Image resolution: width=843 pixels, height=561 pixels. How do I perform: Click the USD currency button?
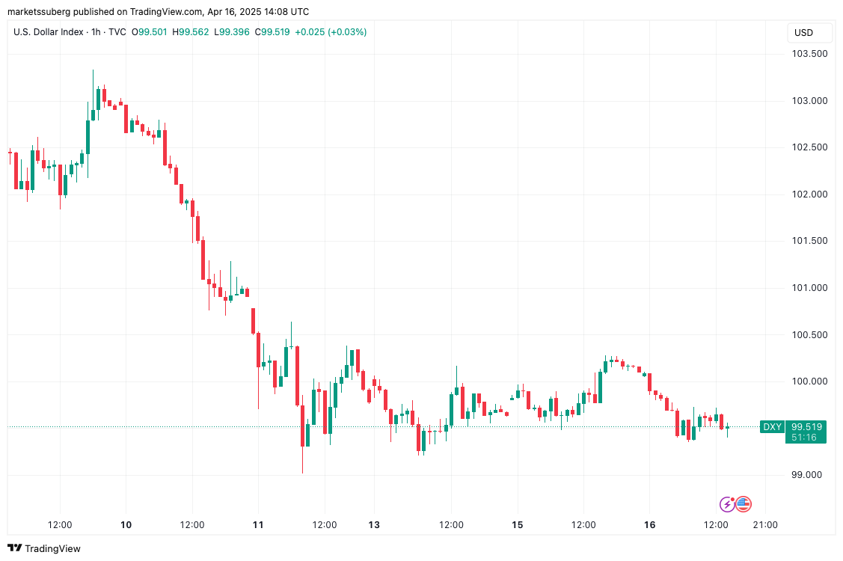coord(803,33)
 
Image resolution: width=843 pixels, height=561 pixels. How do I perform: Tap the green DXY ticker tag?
coord(771,427)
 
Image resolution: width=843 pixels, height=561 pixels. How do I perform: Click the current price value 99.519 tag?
coord(806,427)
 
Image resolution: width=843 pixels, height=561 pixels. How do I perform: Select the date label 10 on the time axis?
coord(126,525)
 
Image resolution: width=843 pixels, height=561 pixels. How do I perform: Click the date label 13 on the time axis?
coord(374,525)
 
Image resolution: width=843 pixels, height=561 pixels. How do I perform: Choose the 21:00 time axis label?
coord(765,525)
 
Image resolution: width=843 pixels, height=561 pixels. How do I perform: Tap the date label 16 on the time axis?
coord(649,525)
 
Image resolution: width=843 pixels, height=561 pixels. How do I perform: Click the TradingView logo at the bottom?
coord(44,548)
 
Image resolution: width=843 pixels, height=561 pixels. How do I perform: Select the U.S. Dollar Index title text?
coord(49,32)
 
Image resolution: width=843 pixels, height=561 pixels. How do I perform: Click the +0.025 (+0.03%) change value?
coord(331,32)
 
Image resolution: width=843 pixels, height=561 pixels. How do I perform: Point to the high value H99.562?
coord(191,32)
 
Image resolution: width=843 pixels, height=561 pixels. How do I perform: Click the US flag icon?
coord(744,504)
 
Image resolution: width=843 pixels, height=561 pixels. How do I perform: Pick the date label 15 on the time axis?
coord(517,525)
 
